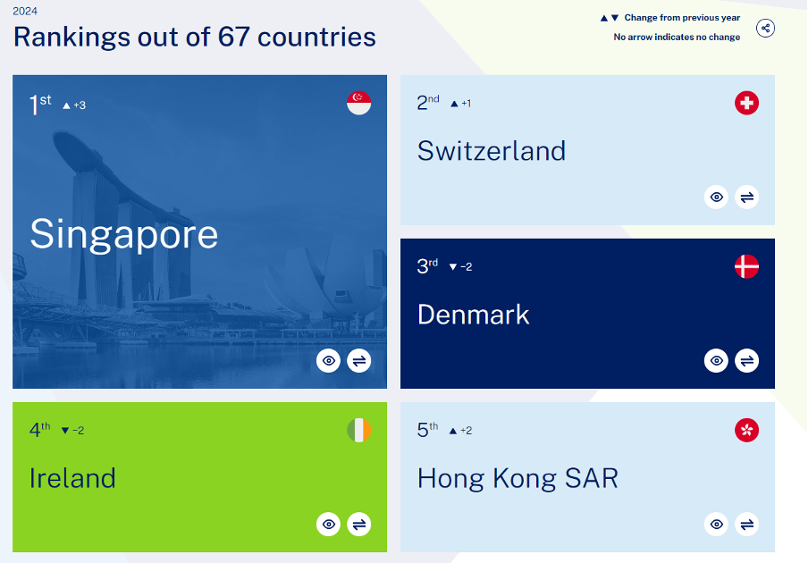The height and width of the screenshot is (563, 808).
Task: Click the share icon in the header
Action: pyautogui.click(x=765, y=28)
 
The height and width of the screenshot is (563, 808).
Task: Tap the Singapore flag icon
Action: pyautogui.click(x=358, y=103)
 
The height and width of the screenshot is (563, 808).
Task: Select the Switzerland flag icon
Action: pyautogui.click(x=746, y=103)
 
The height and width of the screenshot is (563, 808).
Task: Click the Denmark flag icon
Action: pyautogui.click(x=746, y=266)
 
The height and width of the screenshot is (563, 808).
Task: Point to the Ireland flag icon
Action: pyautogui.click(x=358, y=430)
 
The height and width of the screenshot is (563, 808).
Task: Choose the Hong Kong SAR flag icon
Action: pyautogui.click(x=746, y=430)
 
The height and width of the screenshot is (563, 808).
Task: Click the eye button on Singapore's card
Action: pyautogui.click(x=328, y=360)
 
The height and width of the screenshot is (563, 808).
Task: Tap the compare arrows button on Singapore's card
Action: pyautogui.click(x=359, y=360)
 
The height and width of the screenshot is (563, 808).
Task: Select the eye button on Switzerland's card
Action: pyautogui.click(x=716, y=197)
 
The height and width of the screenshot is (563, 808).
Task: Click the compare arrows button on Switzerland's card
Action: pyautogui.click(x=746, y=197)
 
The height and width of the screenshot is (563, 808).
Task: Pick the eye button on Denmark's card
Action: pyautogui.click(x=716, y=360)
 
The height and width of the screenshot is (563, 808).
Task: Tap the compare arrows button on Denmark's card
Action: pyautogui.click(x=746, y=360)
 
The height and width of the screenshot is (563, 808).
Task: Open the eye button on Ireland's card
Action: pyautogui.click(x=328, y=525)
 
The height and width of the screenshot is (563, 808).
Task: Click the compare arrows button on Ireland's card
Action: pyautogui.click(x=359, y=525)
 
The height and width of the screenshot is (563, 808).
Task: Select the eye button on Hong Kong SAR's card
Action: pyautogui.click(x=716, y=525)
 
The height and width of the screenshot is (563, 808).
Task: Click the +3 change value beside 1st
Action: pyautogui.click(x=80, y=105)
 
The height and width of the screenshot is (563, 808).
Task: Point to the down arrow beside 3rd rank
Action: pyautogui.click(x=453, y=267)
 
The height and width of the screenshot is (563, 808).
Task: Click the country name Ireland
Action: pyautogui.click(x=72, y=478)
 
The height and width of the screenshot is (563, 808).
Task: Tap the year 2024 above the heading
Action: pyautogui.click(x=25, y=11)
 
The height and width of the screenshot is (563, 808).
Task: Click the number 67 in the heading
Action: pyautogui.click(x=233, y=38)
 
